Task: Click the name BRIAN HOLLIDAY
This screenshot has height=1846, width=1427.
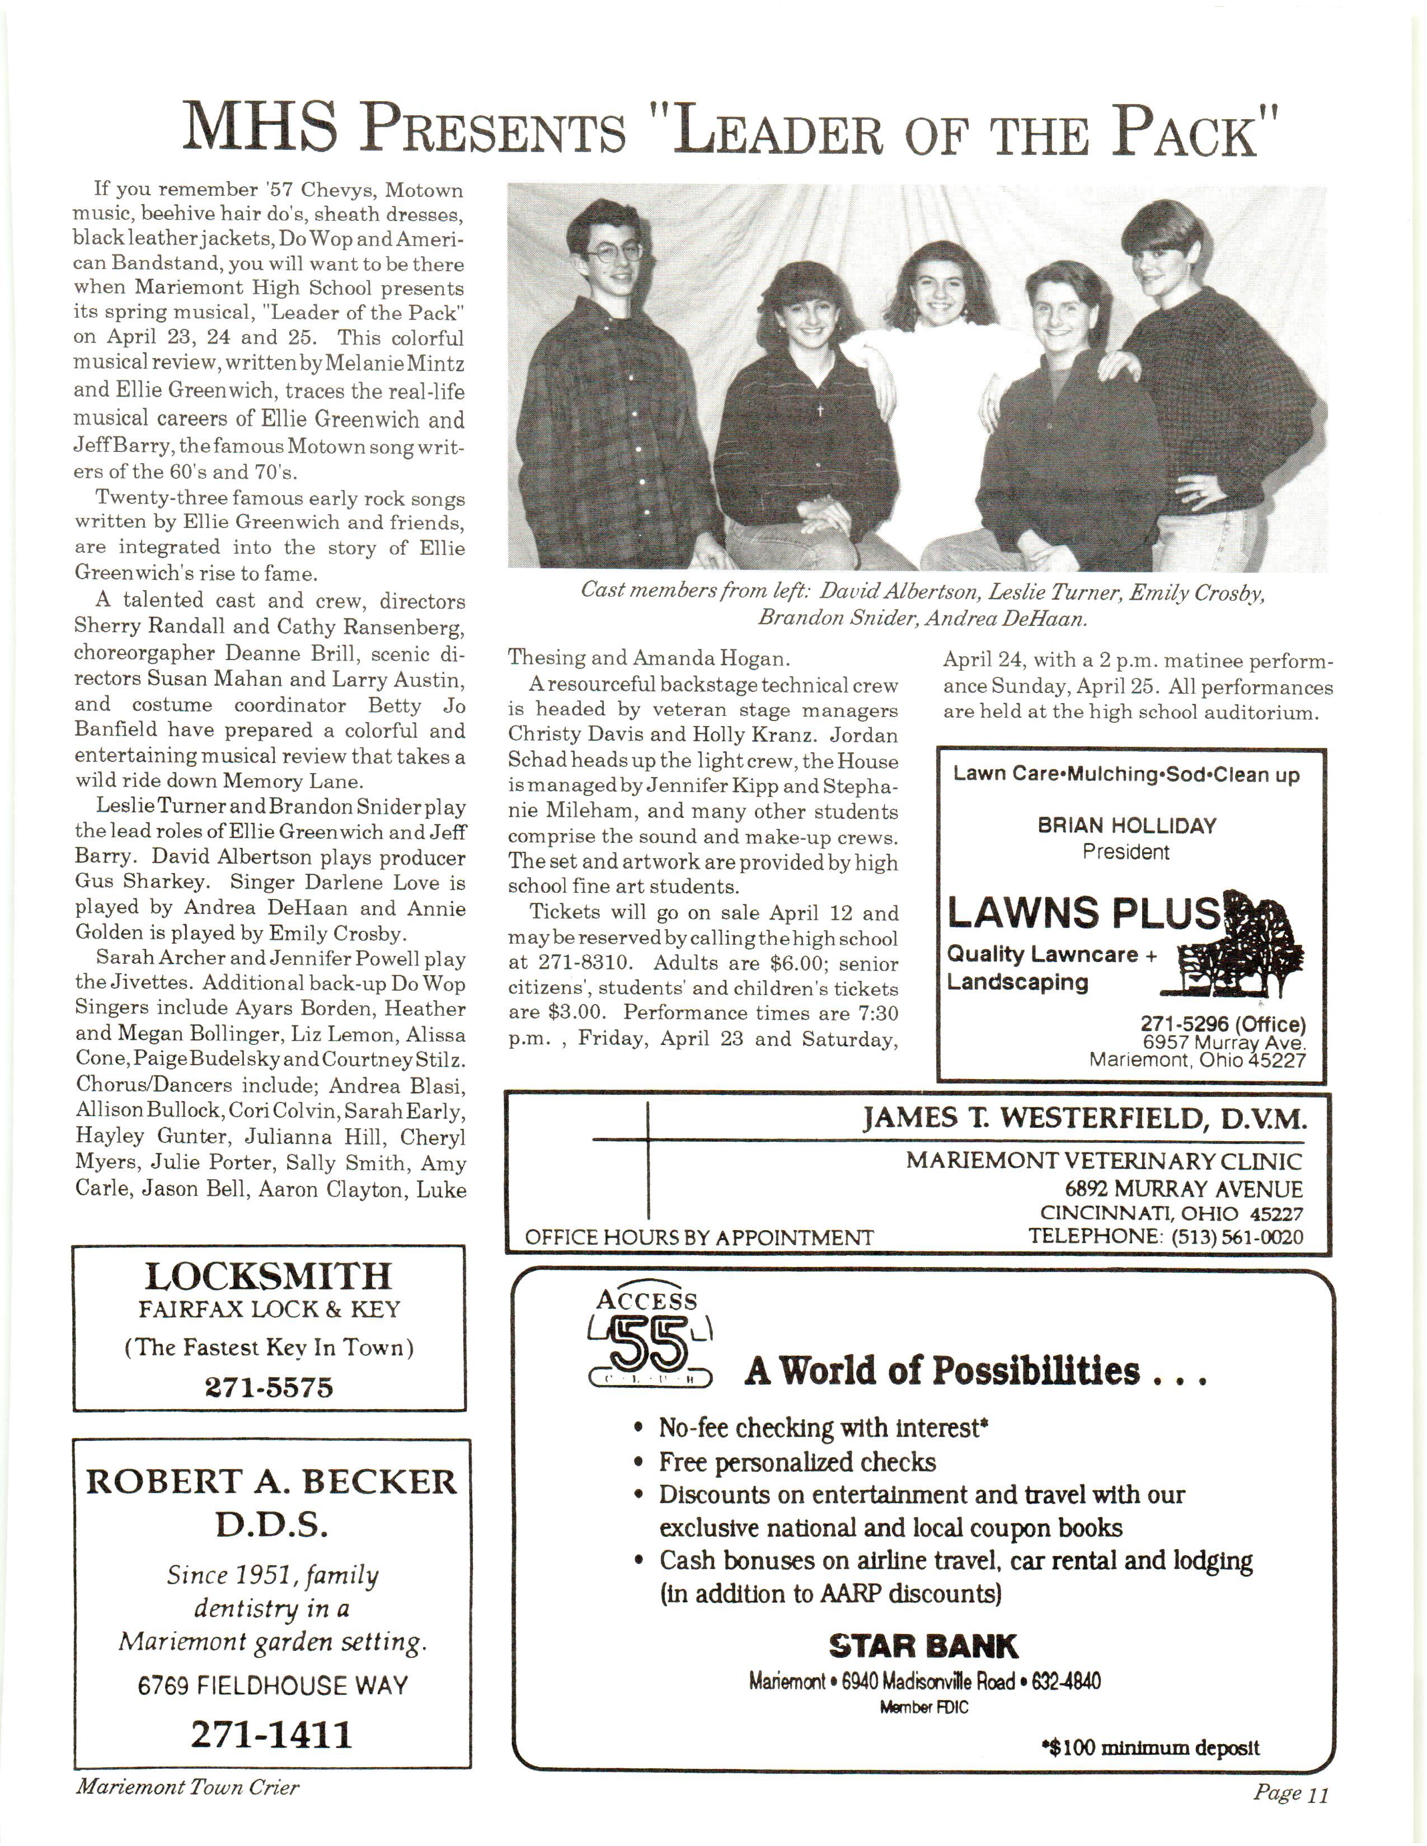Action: click(x=1126, y=825)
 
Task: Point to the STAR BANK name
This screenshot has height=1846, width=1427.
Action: click(x=923, y=1646)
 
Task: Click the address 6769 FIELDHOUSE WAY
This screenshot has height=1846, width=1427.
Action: click(x=272, y=1685)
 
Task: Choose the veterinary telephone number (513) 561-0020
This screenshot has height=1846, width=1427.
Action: click(x=1237, y=1237)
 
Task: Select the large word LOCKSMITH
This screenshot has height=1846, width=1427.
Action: click(x=269, y=1277)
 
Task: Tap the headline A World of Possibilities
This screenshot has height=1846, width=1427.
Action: click(x=975, y=1370)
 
